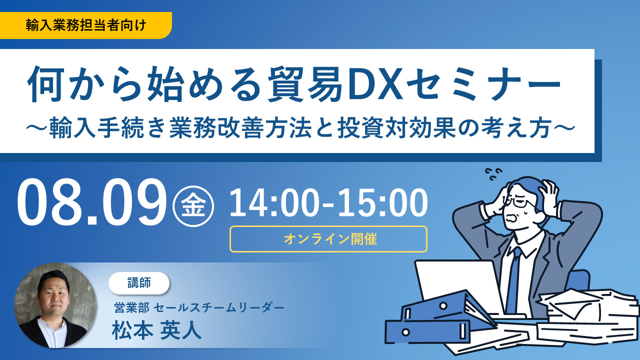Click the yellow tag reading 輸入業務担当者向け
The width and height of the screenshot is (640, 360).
85,25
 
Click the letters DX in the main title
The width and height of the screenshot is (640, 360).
371,83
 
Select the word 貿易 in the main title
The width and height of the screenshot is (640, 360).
305,83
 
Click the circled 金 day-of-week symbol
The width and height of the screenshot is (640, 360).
193,206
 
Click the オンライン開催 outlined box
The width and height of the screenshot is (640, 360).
328,239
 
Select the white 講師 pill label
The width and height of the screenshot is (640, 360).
139,283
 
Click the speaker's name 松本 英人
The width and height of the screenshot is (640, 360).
156,330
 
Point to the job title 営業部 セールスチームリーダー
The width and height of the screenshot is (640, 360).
199,307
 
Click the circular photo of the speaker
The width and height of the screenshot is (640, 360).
55,305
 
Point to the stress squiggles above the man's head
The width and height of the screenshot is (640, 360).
493,173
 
